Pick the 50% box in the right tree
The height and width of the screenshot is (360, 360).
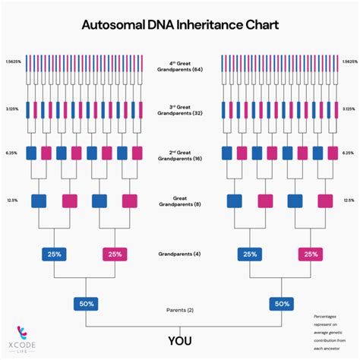coord(282,304)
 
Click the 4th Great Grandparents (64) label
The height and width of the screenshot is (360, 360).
coord(180,65)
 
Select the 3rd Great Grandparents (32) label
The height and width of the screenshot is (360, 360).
coord(180,109)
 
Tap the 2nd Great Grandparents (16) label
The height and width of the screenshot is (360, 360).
coord(180,153)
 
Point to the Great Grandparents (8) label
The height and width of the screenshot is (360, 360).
coord(180,203)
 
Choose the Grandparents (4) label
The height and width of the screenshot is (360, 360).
coord(180,254)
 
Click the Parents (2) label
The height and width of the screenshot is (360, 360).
coord(180,310)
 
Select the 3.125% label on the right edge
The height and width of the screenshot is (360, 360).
coord(348,109)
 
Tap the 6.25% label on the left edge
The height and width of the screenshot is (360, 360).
coord(11,153)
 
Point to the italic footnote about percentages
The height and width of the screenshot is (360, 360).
coord(331,327)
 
